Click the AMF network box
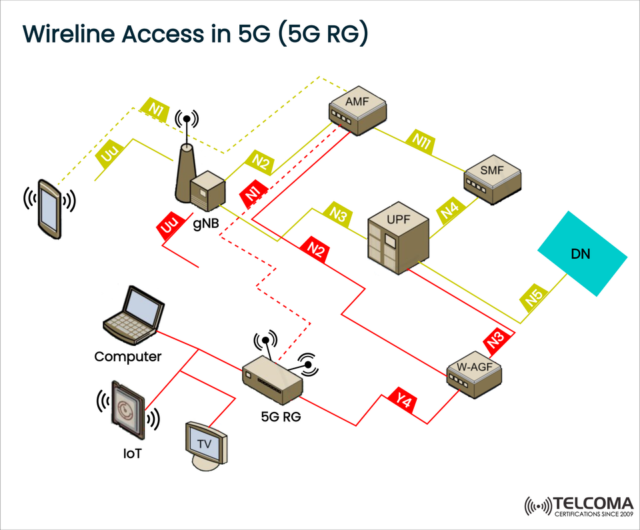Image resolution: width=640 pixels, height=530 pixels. tap(358, 110)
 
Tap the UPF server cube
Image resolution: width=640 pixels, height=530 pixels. tap(398, 237)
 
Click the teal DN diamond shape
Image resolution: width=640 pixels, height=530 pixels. tap(582, 253)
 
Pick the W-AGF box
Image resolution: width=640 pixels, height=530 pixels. tap(474, 373)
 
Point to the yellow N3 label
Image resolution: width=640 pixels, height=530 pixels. tap(339, 214)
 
